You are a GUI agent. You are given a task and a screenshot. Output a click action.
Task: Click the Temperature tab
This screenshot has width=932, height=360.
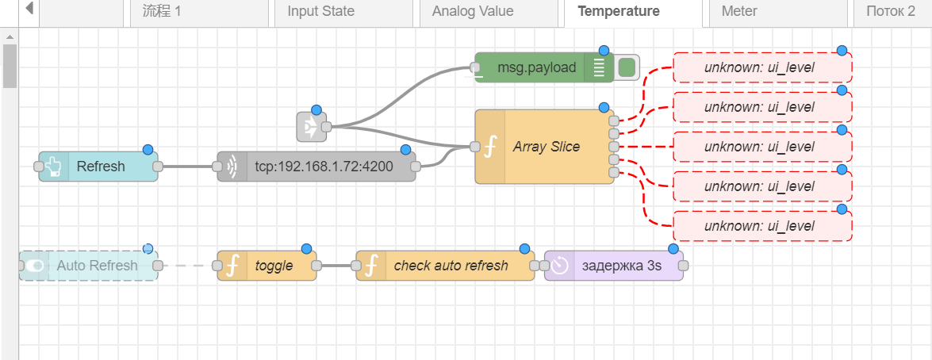630,12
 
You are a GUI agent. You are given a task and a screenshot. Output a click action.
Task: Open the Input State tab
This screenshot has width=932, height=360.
320,12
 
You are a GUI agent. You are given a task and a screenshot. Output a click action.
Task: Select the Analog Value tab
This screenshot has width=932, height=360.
472,12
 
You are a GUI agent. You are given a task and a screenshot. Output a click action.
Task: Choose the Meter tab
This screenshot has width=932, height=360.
738,12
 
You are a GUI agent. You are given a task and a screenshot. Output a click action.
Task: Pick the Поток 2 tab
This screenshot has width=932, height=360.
890,12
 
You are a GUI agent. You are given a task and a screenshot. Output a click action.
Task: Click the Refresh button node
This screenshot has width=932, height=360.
100,167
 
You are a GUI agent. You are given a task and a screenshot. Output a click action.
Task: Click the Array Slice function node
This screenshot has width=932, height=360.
546,147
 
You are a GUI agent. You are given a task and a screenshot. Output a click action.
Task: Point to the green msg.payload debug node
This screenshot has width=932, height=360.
536,67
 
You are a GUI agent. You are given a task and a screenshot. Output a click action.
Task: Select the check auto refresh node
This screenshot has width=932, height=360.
451,266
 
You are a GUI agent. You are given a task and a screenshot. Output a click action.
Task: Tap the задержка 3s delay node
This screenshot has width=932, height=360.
622,266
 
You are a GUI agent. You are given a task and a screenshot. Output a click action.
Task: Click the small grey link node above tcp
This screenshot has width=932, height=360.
311,126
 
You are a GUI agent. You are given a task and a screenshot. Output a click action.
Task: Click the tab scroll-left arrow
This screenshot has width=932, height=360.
29,10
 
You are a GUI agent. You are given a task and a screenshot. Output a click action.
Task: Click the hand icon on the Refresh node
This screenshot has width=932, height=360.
54,167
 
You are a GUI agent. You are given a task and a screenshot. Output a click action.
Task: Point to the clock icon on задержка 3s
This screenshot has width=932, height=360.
560,266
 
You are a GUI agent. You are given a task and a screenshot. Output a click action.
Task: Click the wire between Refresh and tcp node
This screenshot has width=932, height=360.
187,167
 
